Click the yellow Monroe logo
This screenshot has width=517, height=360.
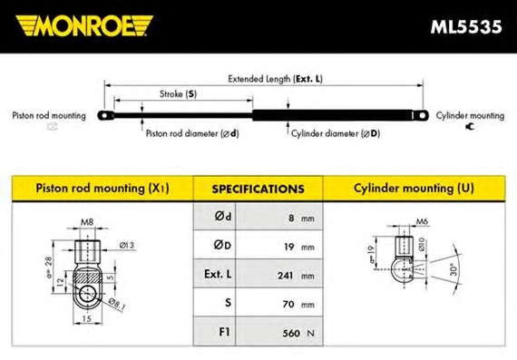(x=84, y=25)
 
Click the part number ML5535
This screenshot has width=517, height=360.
(x=466, y=26)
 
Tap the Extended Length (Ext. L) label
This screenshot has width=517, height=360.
(x=276, y=79)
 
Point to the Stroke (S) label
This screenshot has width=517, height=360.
(x=178, y=94)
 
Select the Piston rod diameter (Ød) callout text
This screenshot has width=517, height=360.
(x=192, y=133)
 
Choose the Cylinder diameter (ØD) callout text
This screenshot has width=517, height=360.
(x=336, y=133)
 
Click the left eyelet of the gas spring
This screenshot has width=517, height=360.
(x=105, y=116)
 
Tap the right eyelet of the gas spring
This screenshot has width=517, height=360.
(x=422, y=116)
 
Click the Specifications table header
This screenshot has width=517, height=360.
(x=258, y=189)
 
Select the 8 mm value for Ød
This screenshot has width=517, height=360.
(x=301, y=218)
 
